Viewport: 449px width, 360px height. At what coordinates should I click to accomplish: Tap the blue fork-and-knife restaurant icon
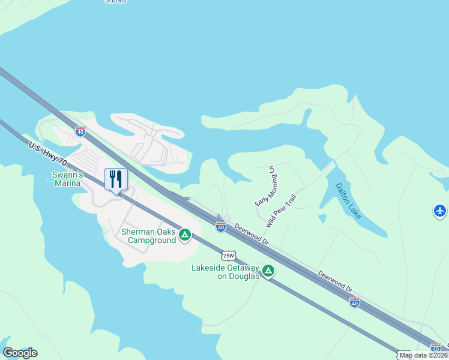[116, 179]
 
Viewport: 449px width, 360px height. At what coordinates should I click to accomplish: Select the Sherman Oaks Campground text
[148, 236]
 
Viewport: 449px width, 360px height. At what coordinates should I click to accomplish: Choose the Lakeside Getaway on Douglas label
[225, 272]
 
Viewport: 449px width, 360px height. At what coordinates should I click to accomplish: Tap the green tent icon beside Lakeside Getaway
[268, 271]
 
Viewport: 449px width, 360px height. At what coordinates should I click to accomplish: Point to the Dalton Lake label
[348, 200]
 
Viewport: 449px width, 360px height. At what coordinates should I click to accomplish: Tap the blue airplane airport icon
[440, 211]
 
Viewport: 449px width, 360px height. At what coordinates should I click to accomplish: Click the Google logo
[20, 353]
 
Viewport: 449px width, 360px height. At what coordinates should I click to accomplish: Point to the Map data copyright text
[423, 355]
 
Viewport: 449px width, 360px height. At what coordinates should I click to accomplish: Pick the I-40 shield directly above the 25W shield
[221, 226]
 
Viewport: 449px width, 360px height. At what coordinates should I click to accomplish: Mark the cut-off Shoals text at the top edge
[116, 2]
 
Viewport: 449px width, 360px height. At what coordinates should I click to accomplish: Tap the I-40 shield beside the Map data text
[436, 347]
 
